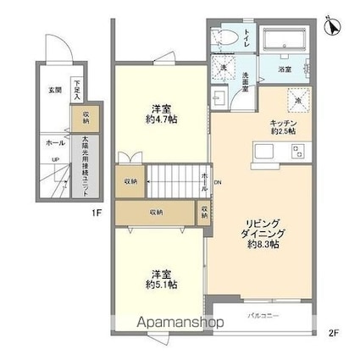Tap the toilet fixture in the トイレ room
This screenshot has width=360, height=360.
click(x=224, y=38)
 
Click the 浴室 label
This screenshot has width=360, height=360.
click(x=288, y=74)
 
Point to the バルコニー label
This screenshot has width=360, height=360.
click(x=263, y=318)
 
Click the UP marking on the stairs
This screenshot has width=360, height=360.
click(x=56, y=158)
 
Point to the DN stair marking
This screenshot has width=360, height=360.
click(x=219, y=183)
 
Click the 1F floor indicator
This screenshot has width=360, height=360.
click(x=97, y=213)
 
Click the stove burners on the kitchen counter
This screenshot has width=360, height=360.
click(x=297, y=152)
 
